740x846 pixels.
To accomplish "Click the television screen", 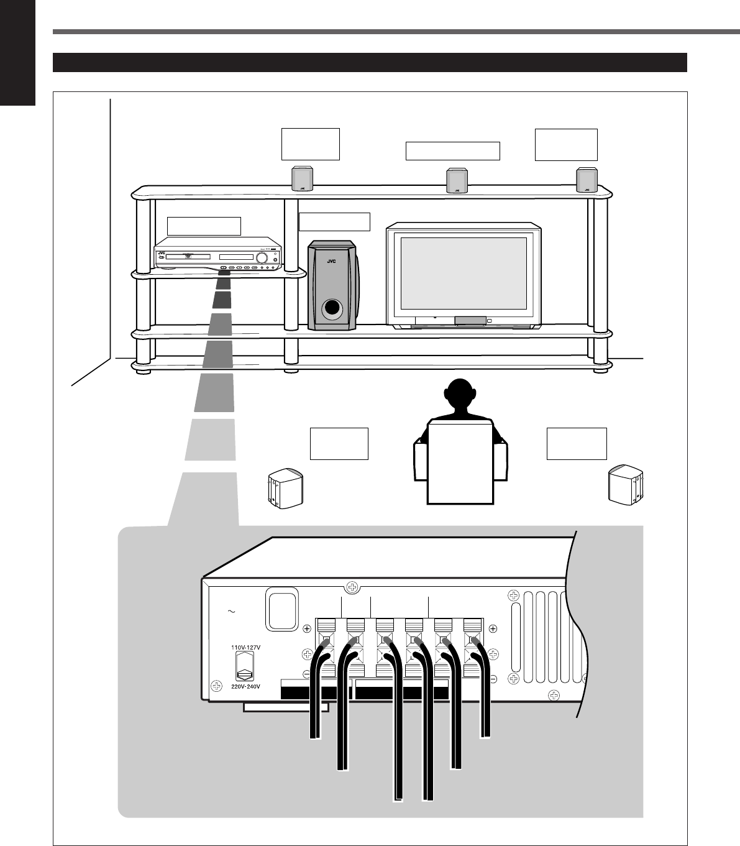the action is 464,272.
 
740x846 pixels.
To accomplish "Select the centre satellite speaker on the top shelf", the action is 457,180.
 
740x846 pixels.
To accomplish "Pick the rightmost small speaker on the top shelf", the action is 586,180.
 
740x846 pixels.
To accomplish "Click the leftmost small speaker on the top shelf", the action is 302,179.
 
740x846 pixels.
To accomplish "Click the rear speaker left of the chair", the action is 284,490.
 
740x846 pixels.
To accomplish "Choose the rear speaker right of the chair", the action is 626,482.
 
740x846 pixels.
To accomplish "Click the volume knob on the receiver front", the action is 262,258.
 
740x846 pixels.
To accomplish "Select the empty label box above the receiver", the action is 204,226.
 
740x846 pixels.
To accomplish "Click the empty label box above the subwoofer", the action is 334,221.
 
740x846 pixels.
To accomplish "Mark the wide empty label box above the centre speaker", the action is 452,150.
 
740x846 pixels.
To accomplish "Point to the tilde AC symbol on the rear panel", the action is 231,612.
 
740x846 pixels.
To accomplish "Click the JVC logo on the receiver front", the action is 162,254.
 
